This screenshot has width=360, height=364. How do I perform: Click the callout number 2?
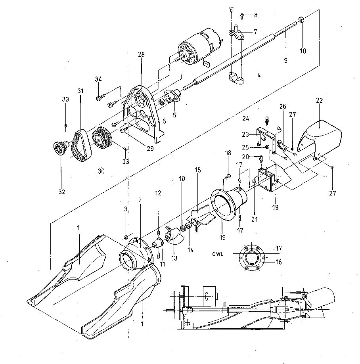coord(140,200)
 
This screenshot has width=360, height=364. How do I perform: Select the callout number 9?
coord(285,61)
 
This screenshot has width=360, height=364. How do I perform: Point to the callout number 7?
coord(255,31)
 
